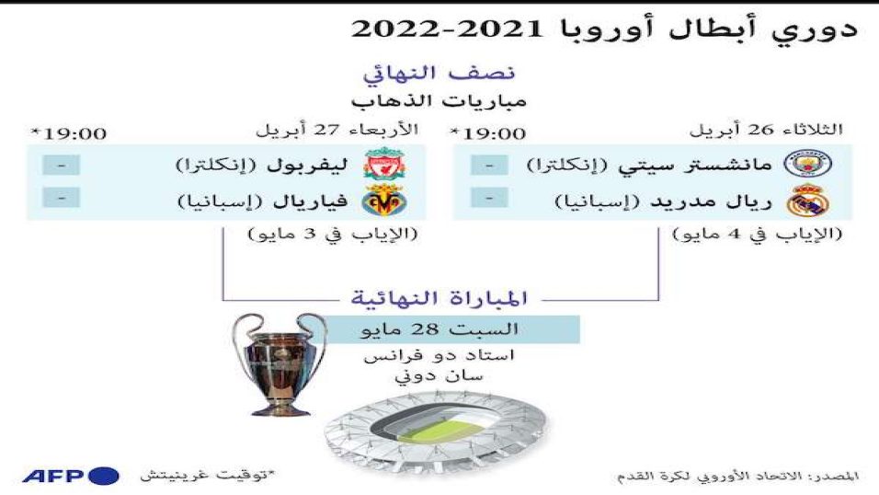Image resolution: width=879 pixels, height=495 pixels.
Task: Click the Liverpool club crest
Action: click(x=384, y=164)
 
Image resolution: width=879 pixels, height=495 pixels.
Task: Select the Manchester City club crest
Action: click(x=808, y=164)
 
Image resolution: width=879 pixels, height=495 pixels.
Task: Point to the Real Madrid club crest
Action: click(x=808, y=201)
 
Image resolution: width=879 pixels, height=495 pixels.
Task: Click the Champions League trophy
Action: click(x=280, y=364)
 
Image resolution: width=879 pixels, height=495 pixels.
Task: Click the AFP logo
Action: click(x=71, y=476)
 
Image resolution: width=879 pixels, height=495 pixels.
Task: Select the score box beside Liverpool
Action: click(x=61, y=165)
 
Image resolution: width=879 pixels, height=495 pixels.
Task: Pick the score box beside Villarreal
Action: click(x=61, y=198)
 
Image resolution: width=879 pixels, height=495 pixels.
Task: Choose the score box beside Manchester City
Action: click(x=489, y=165)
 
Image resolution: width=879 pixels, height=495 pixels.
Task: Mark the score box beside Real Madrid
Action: click(x=489, y=198)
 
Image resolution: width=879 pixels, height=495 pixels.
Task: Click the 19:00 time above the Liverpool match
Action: click(x=75, y=133)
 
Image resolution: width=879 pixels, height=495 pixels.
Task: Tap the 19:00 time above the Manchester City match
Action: click(x=495, y=133)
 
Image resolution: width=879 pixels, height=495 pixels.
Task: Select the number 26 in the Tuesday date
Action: click(x=759, y=130)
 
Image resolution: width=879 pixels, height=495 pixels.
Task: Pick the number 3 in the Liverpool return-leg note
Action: click(x=310, y=234)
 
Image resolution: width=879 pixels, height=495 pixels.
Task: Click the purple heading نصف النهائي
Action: click(x=439, y=74)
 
